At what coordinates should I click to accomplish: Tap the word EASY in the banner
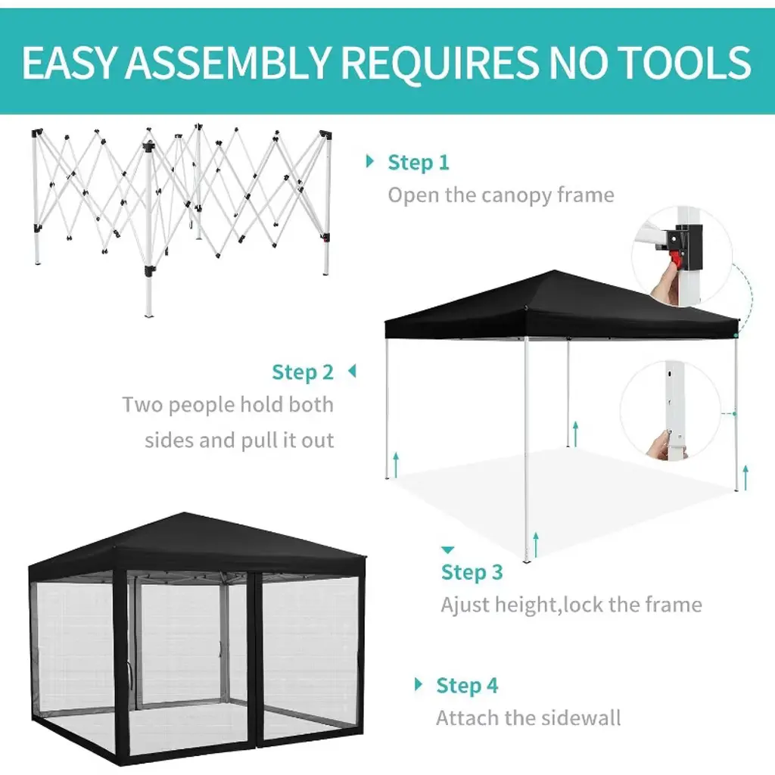point(69,63)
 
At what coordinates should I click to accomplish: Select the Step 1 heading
point(418,162)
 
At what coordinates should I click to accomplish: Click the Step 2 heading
point(303,372)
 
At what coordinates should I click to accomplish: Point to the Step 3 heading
point(472,572)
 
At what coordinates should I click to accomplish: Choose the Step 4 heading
point(466,685)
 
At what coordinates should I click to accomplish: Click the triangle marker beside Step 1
point(369,161)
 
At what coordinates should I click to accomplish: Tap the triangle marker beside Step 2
point(352,371)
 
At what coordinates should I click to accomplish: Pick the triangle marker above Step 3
point(447,549)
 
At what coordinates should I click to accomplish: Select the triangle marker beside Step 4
point(418,684)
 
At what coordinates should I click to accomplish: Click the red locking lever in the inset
point(674,259)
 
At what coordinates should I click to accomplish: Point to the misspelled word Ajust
point(465,605)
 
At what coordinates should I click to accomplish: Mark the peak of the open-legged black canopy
point(555,271)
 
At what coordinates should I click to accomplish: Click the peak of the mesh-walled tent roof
point(185,513)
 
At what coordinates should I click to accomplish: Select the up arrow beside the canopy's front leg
point(536,544)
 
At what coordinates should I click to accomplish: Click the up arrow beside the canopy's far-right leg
point(745,478)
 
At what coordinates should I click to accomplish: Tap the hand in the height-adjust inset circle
point(659,443)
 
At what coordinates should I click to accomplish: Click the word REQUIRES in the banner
point(438,63)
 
